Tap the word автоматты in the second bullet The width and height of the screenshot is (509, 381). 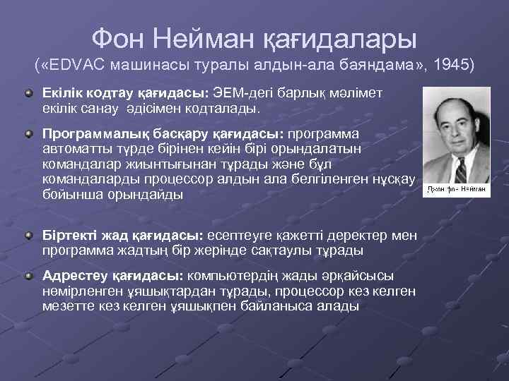78,149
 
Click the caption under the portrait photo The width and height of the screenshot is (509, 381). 455,191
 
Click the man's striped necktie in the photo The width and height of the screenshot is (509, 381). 461,170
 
